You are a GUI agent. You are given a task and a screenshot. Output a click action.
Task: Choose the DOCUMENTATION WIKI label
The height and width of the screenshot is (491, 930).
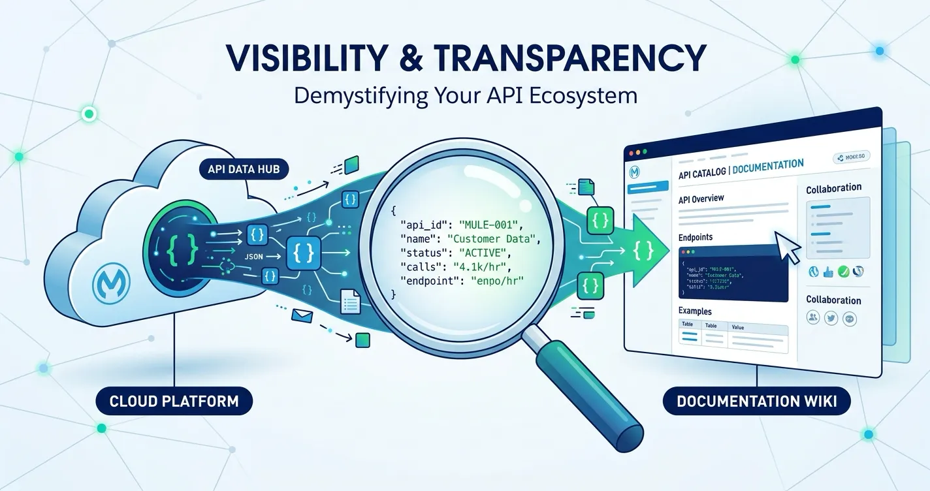point(756,400)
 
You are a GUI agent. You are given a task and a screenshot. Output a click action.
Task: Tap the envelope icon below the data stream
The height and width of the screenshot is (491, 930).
point(304,317)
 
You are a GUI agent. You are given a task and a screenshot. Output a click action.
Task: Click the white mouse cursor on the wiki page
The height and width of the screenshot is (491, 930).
point(786,246)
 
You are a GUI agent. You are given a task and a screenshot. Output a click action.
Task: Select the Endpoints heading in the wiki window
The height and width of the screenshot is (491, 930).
point(696,237)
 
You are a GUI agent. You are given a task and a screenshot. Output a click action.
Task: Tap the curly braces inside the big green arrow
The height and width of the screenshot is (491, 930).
point(644,249)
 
